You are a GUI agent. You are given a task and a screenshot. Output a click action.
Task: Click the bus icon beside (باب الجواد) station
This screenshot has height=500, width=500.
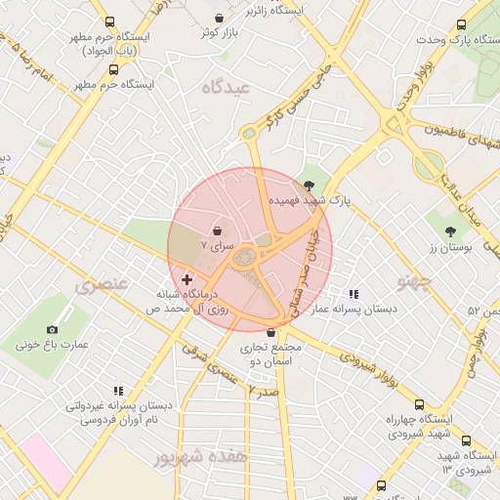(x=107, y=22)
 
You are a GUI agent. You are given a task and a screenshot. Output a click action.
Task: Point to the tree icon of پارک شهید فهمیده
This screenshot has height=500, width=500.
(x=310, y=184)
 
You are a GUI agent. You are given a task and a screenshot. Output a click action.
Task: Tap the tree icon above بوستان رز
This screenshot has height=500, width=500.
(x=449, y=231)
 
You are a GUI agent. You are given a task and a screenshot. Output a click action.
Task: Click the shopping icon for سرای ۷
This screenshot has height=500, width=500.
(x=216, y=230)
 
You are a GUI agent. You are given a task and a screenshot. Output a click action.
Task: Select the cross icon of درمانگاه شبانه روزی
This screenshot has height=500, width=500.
(x=187, y=279)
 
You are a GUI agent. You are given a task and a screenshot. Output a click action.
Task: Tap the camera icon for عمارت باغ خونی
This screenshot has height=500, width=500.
(x=52, y=330)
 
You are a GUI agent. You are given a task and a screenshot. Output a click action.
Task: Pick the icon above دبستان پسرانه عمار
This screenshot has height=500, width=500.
(x=353, y=294)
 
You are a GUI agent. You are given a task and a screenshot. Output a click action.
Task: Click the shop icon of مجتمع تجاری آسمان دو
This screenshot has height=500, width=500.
(x=271, y=332)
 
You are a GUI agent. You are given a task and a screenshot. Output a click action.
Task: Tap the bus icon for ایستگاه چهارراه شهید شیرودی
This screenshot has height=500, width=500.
(x=419, y=405)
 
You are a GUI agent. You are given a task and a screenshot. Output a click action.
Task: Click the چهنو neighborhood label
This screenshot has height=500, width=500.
(x=414, y=281)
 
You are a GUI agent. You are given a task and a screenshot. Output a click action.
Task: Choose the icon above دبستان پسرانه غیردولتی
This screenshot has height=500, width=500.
(x=118, y=391)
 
